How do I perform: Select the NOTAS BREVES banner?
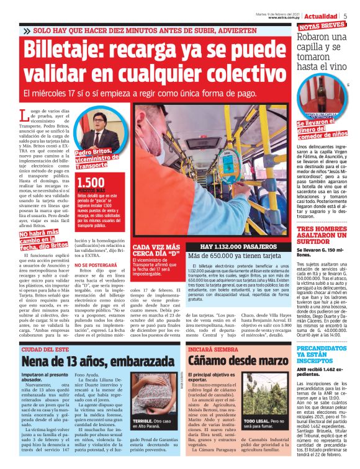point(322,27)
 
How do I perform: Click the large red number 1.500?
point(91,181)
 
